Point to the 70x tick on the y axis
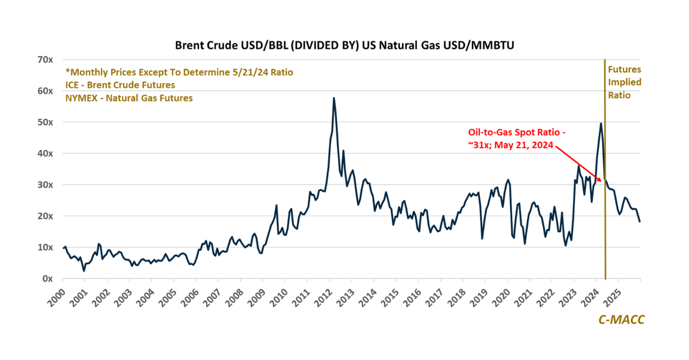tap(45, 60)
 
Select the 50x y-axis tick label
tap(45, 122)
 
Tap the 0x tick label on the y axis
tap(48, 278)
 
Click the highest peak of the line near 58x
tap(334, 98)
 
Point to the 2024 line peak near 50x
tap(601, 123)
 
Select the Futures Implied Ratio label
tap(625, 82)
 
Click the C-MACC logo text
tap(621, 320)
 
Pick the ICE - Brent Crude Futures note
tap(120, 85)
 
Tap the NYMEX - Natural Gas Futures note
tap(129, 98)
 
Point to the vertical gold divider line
tap(605, 230)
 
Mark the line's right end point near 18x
tap(640, 222)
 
